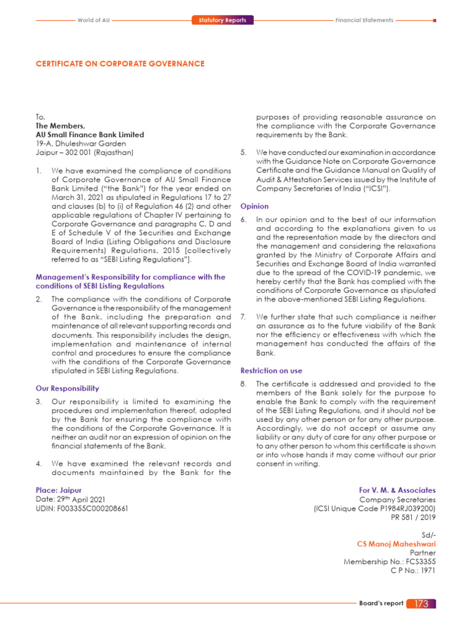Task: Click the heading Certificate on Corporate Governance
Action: point(120,63)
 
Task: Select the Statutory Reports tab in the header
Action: point(222,20)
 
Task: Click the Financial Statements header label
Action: point(364,20)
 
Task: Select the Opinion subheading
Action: point(254,207)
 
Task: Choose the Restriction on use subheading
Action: point(271,371)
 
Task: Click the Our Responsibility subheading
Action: point(67,388)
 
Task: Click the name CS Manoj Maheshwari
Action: point(396,544)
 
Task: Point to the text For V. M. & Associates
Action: point(397,490)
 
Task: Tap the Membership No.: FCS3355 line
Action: point(389,562)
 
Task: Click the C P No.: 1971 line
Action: point(413,570)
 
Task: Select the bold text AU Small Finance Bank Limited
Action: point(90,134)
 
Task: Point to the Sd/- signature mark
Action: point(428,535)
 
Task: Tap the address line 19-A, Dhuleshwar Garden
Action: point(81,143)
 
